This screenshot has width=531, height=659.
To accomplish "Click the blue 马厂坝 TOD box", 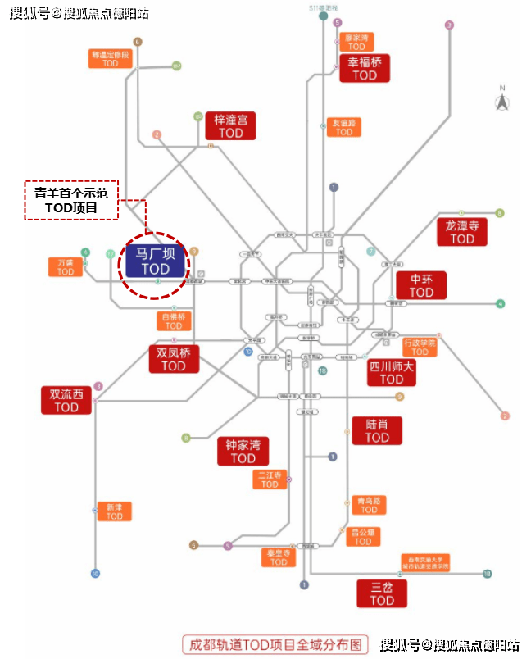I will [155, 261].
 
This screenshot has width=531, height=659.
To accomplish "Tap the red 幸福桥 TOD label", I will [365, 68].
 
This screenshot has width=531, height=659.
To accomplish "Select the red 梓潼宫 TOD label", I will [230, 125].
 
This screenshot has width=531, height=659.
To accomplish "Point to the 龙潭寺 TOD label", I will [462, 231].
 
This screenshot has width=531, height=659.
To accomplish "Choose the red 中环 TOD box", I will [421, 284].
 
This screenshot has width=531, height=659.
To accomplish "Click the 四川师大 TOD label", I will [392, 371].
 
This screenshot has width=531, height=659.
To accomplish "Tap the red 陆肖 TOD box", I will [377, 430].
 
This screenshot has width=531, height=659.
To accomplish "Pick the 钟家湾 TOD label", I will [243, 452].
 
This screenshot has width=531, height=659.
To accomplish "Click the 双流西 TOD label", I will [66, 400].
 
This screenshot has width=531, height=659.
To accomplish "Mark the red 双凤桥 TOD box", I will [174, 359].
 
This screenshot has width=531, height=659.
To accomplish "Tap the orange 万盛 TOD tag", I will [66, 267].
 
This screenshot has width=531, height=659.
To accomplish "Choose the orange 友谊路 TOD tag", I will [344, 127].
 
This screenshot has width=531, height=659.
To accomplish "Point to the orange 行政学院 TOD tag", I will [420, 347].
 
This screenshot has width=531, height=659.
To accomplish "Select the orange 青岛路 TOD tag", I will [369, 504].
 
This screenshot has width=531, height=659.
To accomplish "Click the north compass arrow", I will [501, 102].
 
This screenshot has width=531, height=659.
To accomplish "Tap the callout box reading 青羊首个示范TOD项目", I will [71, 200].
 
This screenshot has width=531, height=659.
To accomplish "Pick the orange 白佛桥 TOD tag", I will [174, 320].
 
